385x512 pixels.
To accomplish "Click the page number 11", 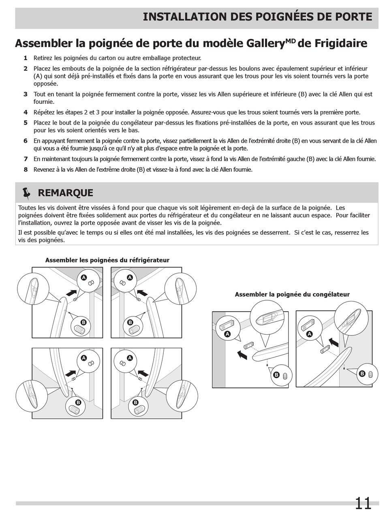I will [x=363, y=503].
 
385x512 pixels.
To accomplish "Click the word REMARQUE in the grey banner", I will [x=65, y=193].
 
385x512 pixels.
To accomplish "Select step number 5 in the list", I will [x=26, y=123].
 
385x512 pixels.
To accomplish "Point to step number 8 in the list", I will [x=26, y=170].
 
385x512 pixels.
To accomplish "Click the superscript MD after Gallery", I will [x=291, y=40].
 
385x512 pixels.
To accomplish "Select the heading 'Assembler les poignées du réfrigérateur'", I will [x=107, y=260].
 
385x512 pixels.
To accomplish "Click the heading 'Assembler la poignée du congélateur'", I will [x=292, y=295].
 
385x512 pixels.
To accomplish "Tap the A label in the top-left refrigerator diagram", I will [x=84, y=278].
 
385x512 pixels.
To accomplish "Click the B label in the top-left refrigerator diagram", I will [x=83, y=323].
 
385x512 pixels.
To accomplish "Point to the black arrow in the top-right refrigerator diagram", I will [x=142, y=293].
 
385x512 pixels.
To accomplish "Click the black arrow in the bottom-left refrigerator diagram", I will [x=71, y=373].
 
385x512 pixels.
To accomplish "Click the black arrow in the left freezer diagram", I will [x=242, y=355].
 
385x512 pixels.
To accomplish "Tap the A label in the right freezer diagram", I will [x=310, y=334].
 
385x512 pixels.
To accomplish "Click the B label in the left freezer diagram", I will [x=276, y=375].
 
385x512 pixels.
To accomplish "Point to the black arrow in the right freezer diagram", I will [x=334, y=342].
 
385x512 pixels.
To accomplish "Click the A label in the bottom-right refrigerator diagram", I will [x=130, y=358].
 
